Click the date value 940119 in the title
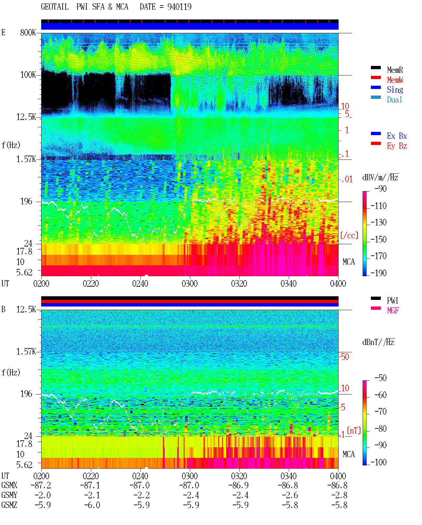[179, 7]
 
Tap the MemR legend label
[395, 70]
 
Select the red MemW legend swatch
[376, 77]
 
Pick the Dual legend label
[394, 100]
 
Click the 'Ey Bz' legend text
[397, 146]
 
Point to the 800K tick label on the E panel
[28, 32]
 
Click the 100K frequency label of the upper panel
[28, 75]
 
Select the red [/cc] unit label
[349, 235]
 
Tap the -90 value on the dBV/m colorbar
[380, 189]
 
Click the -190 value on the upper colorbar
[378, 273]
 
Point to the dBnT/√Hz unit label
[378, 342]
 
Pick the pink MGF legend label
[393, 310]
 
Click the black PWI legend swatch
[376, 298]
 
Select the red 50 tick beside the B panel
[345, 357]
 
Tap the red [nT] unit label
[353, 430]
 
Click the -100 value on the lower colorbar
[378, 462]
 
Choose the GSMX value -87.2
[41, 485]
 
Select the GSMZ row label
[9, 505]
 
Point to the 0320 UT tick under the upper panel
[239, 283]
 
